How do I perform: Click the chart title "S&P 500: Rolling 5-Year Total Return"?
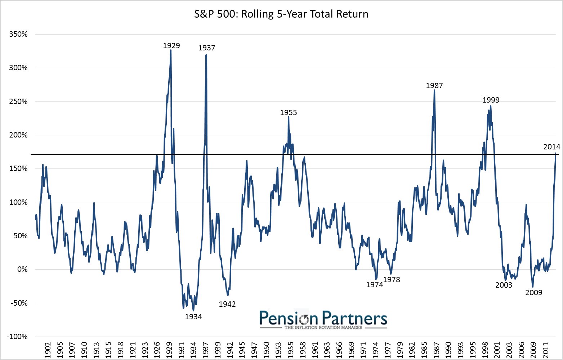pyautogui.click(x=281, y=14)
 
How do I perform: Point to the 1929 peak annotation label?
pyautogui.click(x=171, y=46)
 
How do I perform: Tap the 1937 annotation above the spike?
pyautogui.click(x=207, y=48)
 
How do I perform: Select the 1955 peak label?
pyautogui.click(x=289, y=113)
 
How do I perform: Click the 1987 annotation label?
pyautogui.click(x=434, y=86)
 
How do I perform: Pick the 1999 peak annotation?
pyautogui.click(x=491, y=100)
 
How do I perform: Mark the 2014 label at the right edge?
pyautogui.click(x=552, y=147)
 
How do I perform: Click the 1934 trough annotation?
pyautogui.click(x=193, y=317)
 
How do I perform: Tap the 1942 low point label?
pyautogui.click(x=227, y=304)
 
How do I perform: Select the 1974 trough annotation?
pyautogui.click(x=375, y=285)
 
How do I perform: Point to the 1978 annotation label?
pyautogui.click(x=392, y=280)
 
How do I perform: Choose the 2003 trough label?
pyautogui.click(x=504, y=285)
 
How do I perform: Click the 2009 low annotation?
pyautogui.click(x=534, y=293)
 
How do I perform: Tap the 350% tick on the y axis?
pyautogui.click(x=18, y=34)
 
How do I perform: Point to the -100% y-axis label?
pyautogui.click(x=17, y=337)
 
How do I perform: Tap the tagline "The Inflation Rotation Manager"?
pyautogui.click(x=323, y=328)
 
